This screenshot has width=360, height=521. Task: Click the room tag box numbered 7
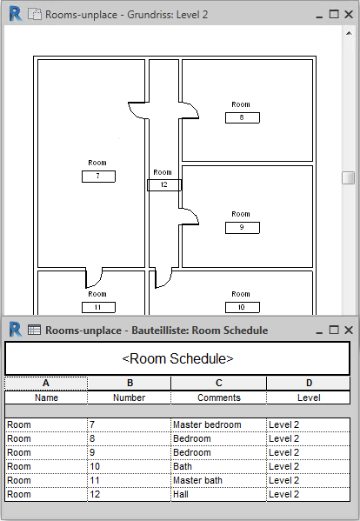pos(98,177)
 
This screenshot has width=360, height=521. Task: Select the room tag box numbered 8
pos(243,117)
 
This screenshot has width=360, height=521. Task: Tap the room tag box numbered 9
pos(243,228)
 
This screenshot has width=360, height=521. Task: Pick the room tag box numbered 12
pos(164,185)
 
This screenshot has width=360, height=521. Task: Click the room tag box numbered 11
pos(98,307)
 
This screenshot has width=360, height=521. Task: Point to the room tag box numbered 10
pos(243,307)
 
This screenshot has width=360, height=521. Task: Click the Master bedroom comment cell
pos(218,424)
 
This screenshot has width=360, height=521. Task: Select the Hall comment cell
pos(218,494)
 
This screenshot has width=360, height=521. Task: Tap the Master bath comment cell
pos(218,480)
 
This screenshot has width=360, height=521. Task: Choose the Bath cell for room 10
pos(218,466)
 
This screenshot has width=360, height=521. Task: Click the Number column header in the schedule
pos(130,397)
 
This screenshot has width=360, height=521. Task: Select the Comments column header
pos(218,397)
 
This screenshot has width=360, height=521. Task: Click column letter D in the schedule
pos(309,383)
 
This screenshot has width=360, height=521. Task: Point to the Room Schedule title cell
pos(177,359)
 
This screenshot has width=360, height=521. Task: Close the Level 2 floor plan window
pos(349,14)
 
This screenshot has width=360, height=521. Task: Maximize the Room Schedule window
pos(334,330)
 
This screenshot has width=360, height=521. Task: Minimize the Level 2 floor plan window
pos(319,16)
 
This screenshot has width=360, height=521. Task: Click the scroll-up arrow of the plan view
pos(349,33)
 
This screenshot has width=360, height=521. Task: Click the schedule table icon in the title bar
pos(34,330)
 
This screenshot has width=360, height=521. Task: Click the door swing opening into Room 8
pos(190,110)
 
